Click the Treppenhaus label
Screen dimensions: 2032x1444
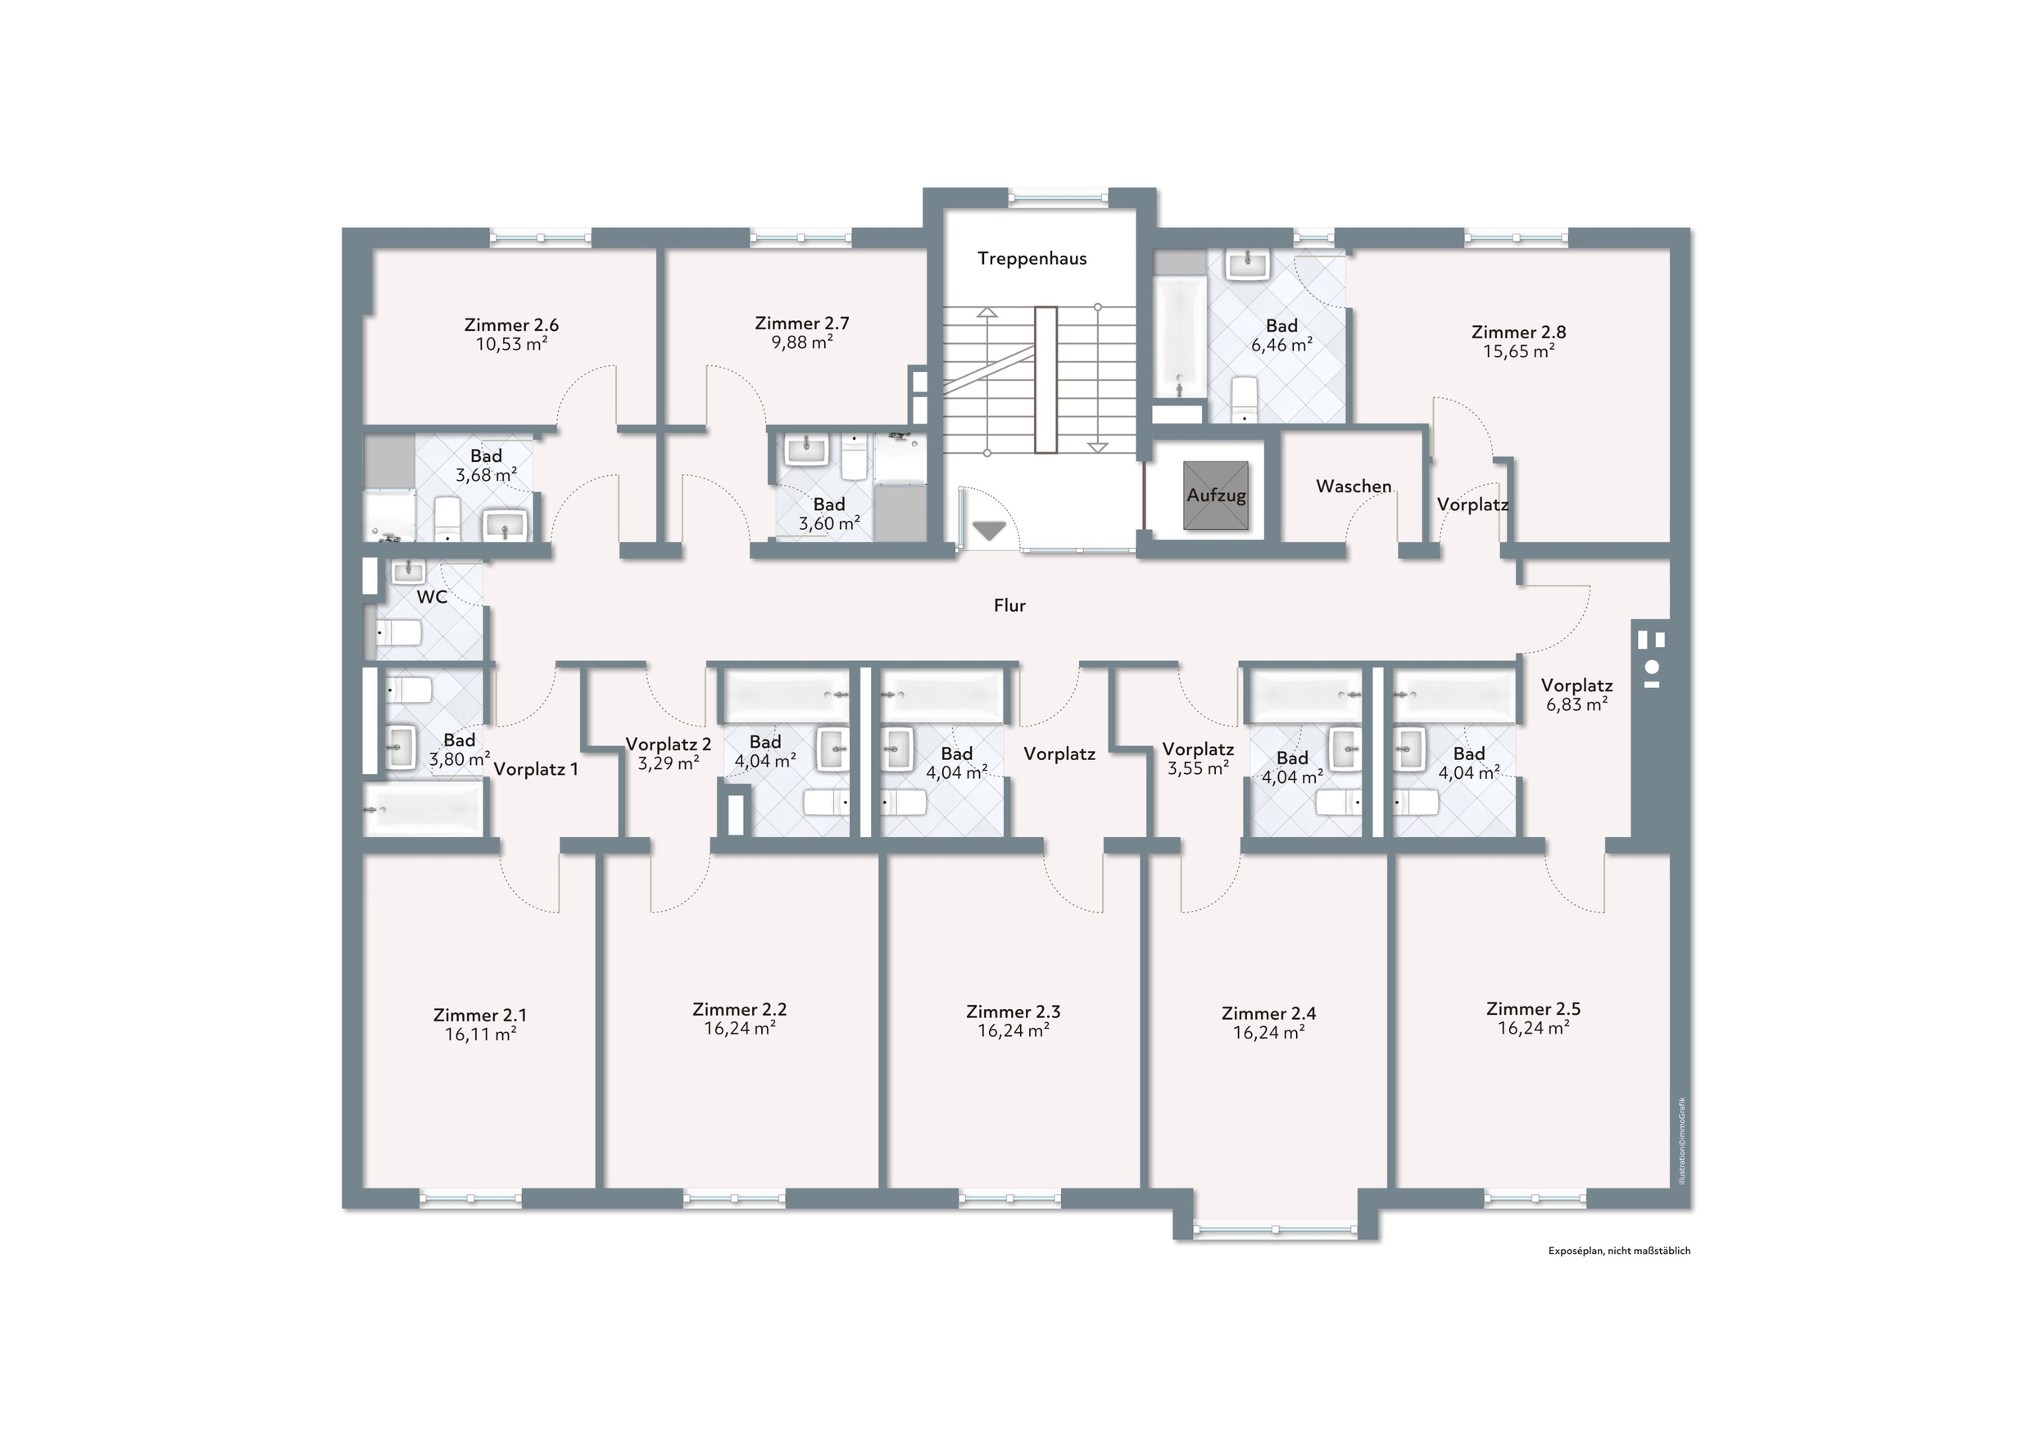pos(1032,259)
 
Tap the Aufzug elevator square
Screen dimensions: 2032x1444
pos(1216,496)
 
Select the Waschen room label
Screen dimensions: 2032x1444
pos(1354,487)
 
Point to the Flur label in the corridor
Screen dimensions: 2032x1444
pos(1009,605)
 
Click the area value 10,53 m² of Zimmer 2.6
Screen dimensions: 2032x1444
pos(511,344)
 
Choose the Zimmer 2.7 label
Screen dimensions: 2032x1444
pos(802,324)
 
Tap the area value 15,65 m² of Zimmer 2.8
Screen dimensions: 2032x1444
pos(1519,351)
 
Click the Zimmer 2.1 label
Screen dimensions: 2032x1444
pos(480,1016)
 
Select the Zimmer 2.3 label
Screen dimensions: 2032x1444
pos(1013,1012)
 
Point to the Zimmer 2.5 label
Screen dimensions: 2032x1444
pos(1533,1009)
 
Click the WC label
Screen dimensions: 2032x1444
pos(432,596)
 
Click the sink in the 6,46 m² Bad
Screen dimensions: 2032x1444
pos(1248,265)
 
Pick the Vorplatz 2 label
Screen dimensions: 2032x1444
pos(669,745)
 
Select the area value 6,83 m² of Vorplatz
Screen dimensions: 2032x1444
pos(1576,705)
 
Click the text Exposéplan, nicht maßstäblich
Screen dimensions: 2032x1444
pos(1619,1251)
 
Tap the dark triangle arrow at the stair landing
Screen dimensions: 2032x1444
pos(989,531)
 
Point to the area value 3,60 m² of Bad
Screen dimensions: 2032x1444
pos(829,523)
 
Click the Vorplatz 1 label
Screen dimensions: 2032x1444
pos(535,769)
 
